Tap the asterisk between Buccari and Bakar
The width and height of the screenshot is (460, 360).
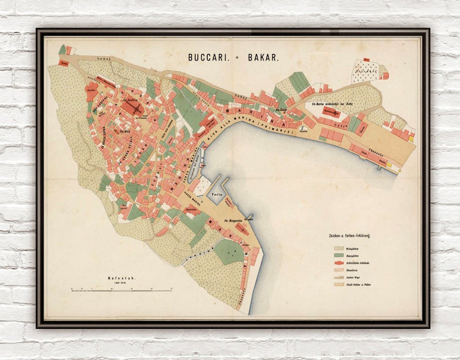tap(237, 57)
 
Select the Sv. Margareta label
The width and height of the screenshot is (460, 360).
tap(233, 221)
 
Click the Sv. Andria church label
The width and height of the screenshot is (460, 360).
tap(130, 100)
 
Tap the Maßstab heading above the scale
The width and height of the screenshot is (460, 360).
tap(122, 278)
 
